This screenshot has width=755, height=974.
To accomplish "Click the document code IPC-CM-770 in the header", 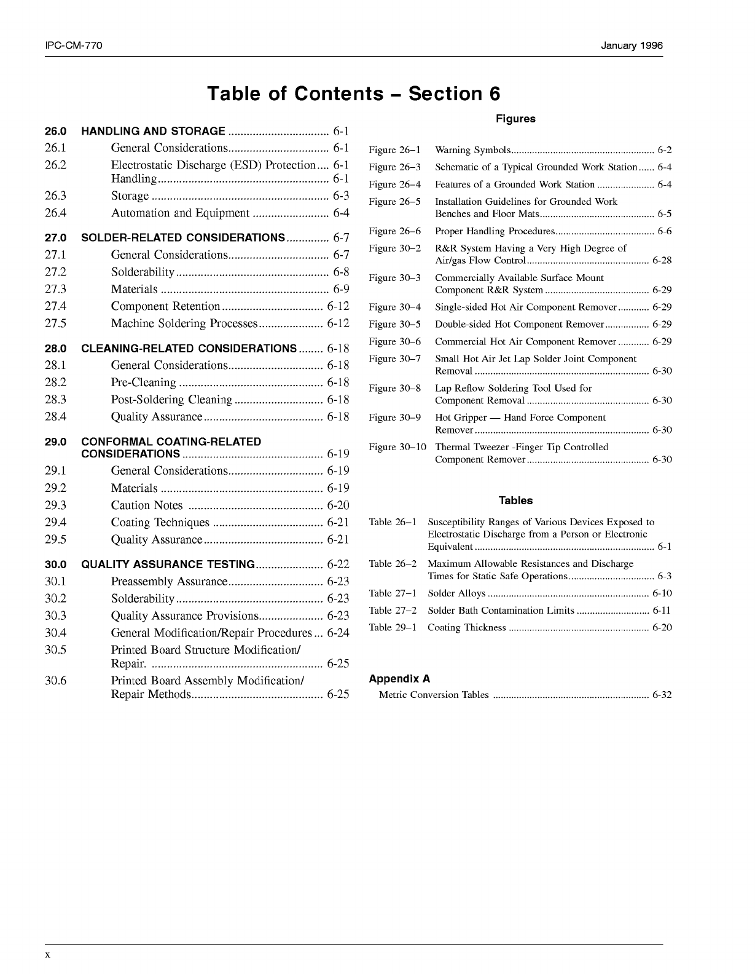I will point(73,46).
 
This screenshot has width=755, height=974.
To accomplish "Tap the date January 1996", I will point(632,46).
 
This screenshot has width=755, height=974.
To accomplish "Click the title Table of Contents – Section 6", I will point(354,93).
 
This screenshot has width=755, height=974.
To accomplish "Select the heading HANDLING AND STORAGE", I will point(153,131).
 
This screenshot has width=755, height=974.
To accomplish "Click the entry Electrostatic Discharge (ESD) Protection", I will point(213,165).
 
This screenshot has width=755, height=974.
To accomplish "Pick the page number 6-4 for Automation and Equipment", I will point(341,213).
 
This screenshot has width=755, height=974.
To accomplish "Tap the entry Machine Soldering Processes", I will point(184,323).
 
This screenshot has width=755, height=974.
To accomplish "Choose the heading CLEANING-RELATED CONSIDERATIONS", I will point(189,349).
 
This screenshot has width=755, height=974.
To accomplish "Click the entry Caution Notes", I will point(147,505).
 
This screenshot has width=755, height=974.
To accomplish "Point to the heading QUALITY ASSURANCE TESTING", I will point(168,564).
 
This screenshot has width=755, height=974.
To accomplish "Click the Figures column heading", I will point(515,119).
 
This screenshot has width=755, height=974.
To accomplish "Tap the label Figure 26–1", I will point(394,150).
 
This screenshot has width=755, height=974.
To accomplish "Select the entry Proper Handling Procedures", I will point(495,231).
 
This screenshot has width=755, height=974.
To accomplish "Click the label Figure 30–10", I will point(397,447).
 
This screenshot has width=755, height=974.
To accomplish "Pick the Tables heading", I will point(515,501).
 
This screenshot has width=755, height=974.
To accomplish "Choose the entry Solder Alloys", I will point(456,593).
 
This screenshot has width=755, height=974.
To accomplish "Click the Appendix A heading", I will point(399,679).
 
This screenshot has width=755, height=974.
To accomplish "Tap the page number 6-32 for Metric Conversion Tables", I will point(662,695).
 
